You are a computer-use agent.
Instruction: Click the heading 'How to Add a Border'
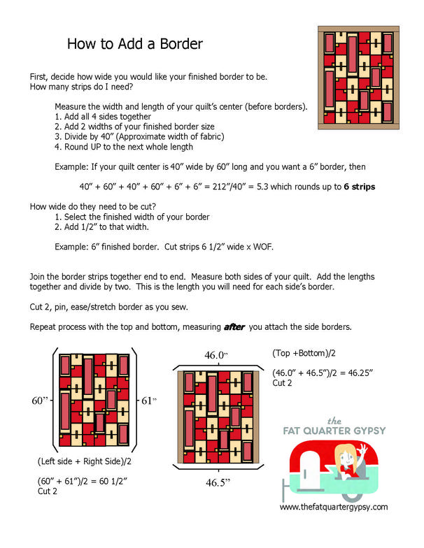135,45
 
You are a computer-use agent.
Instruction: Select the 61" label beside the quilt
149,401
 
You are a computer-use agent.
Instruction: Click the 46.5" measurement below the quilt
218,482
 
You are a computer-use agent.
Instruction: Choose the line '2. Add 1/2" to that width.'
109,227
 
